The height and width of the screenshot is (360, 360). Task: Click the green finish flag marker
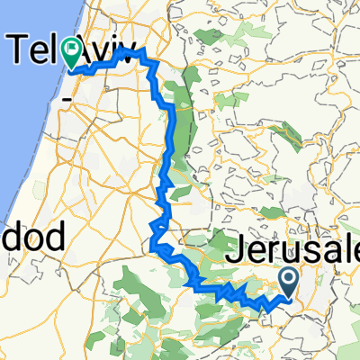73,55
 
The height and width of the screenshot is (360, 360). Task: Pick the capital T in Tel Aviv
20,49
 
